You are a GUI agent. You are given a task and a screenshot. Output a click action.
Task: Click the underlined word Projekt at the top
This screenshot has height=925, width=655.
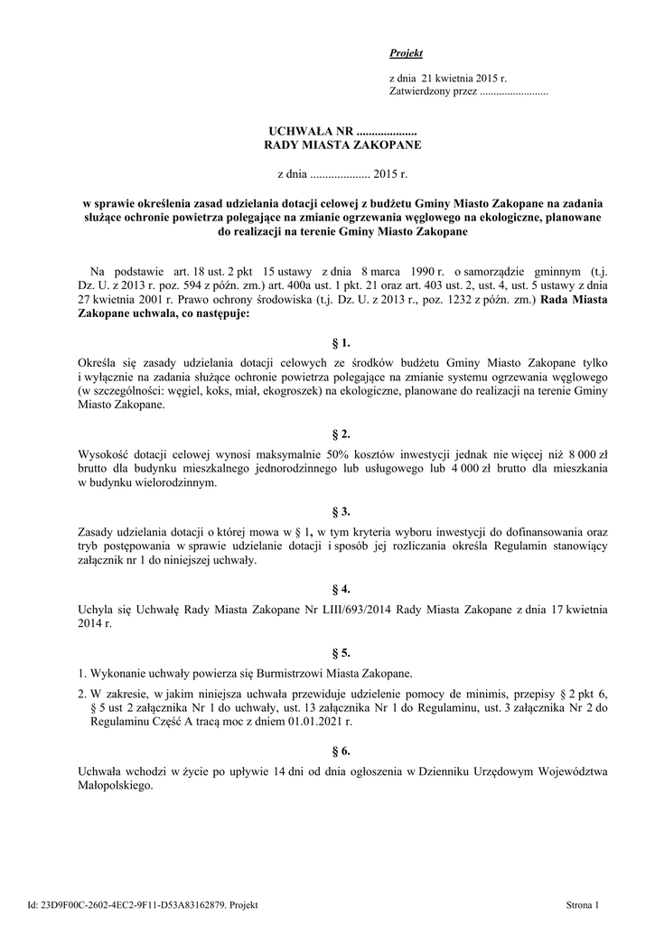pyautogui.click(x=406, y=54)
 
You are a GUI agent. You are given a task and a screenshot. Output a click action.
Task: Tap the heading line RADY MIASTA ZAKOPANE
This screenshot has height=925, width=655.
pyautogui.click(x=342, y=145)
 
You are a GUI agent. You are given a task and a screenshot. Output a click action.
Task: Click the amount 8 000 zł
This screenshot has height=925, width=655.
pyautogui.click(x=590, y=455)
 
